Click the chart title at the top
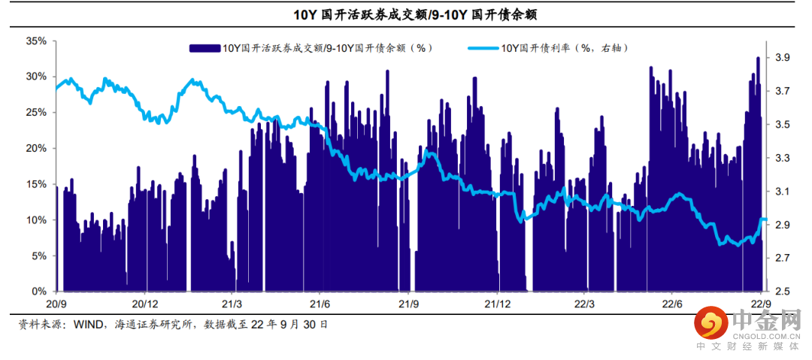[x=405, y=15]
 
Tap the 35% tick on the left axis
[x=36, y=41]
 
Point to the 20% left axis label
[x=36, y=148]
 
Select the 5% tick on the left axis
[x=39, y=256]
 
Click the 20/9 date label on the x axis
[x=57, y=304]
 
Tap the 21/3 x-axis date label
[x=232, y=304]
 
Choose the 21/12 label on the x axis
[x=497, y=304]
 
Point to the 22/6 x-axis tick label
[x=671, y=304]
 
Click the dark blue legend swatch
[x=205, y=48]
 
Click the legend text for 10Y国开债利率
[x=564, y=48]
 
